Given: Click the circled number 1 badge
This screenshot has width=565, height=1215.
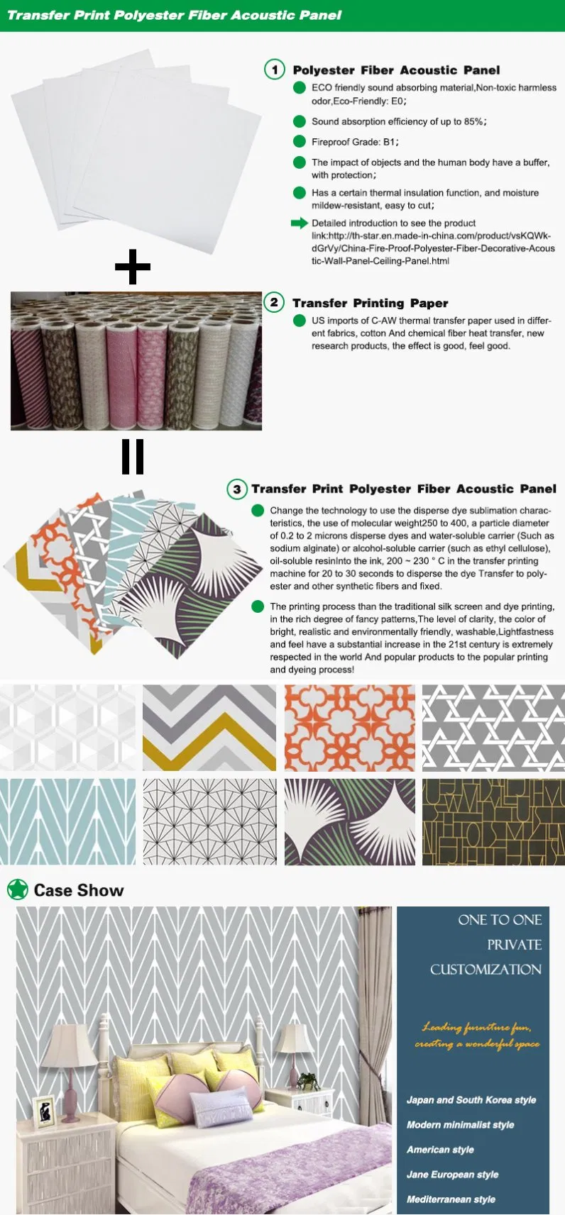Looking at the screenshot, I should (x=274, y=70).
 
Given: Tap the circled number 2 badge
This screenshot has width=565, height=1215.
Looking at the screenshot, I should (x=274, y=302).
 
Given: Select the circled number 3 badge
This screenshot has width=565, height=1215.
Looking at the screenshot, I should (x=236, y=489).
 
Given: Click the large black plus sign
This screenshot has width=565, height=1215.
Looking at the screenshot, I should (x=133, y=267).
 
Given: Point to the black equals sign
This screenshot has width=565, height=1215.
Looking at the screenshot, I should (x=133, y=456).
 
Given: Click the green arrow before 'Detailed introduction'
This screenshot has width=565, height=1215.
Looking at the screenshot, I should (x=299, y=223).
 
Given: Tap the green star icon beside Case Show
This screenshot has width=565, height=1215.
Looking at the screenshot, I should (x=17, y=889).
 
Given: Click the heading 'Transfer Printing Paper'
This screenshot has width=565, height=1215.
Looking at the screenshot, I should (x=370, y=303).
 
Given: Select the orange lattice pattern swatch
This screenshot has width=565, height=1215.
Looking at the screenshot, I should (x=349, y=728).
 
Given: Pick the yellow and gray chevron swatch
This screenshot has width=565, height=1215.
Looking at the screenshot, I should (x=209, y=728).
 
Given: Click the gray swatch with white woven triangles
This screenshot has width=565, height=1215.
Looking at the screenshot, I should (x=493, y=728).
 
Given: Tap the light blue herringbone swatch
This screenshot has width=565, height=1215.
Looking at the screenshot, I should (x=67, y=821).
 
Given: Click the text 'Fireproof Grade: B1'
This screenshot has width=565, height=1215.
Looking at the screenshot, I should (x=355, y=142).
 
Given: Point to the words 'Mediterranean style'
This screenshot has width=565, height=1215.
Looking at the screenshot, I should (x=451, y=1199).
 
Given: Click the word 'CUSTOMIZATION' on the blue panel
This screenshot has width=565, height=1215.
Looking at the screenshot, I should (x=486, y=970).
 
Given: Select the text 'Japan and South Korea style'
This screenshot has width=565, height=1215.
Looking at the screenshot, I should (x=471, y=1100).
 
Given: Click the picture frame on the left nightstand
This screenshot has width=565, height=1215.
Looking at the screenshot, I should (x=44, y=1111).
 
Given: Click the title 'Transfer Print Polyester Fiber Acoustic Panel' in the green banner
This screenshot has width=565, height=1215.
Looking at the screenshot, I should (x=174, y=15).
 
